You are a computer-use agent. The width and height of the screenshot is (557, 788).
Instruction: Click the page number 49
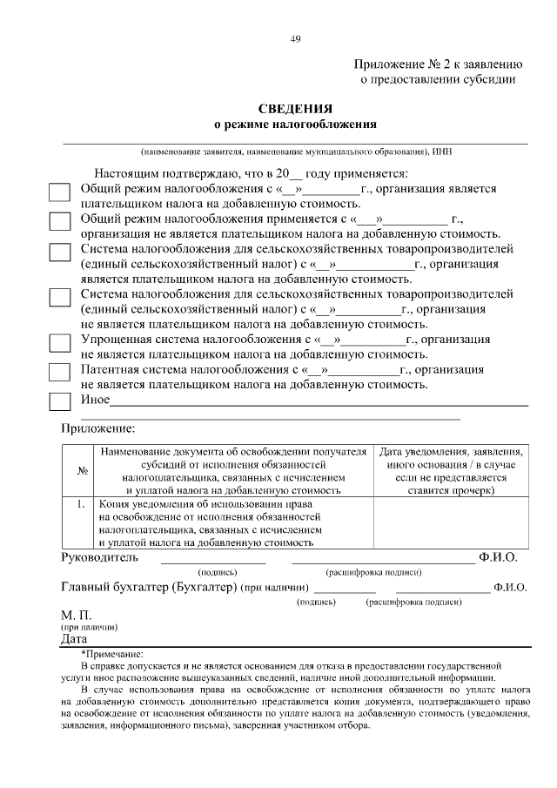click(295, 37)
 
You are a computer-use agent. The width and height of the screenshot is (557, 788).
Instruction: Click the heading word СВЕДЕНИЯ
click(295, 109)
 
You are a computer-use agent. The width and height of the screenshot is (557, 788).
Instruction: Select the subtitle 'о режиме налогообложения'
click(295, 125)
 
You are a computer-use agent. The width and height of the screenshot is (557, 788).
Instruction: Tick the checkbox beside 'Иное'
click(59, 401)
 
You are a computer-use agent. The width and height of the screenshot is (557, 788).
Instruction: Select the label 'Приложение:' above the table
click(97, 428)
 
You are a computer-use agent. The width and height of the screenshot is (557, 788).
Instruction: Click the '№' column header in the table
click(80, 472)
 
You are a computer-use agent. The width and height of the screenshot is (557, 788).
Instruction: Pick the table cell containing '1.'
click(80, 504)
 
